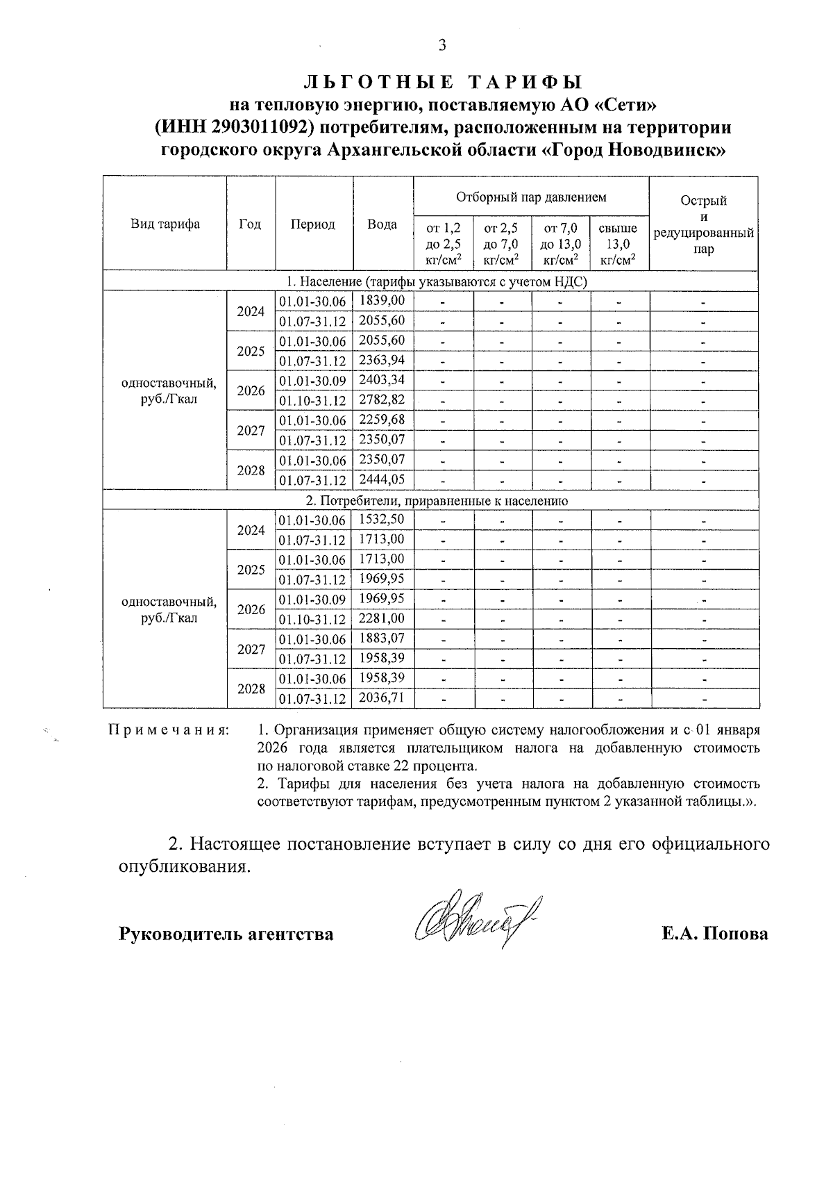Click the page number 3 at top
tap(441, 47)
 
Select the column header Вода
tap(382, 224)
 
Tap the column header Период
tap(313, 224)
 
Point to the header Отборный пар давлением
tap(531, 197)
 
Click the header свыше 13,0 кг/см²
tap(619, 244)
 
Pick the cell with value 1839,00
tap(382, 300)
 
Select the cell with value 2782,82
tap(382, 399)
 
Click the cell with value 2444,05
tap(382, 479)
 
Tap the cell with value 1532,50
tap(382, 520)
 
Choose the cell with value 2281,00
tap(382, 618)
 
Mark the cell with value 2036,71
tap(382, 698)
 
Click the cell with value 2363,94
tap(382, 360)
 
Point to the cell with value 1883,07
tap(382, 638)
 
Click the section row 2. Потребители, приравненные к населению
tap(430, 500)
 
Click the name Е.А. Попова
tap(714, 934)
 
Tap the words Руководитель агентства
tap(226, 934)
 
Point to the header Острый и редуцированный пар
tap(703, 224)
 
